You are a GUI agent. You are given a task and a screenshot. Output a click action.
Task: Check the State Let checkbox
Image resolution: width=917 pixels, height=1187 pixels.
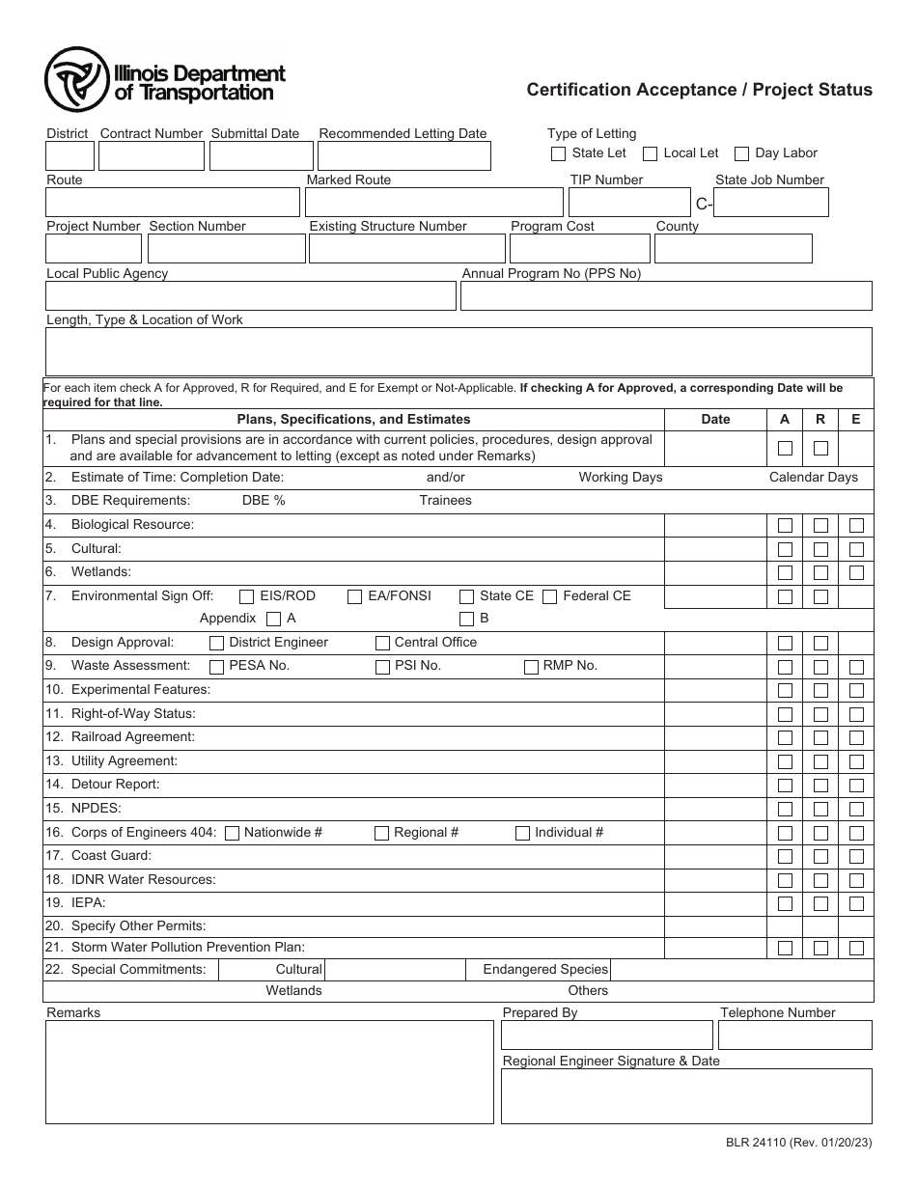558,153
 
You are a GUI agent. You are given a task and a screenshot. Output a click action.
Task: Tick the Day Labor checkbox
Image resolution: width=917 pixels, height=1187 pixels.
741,153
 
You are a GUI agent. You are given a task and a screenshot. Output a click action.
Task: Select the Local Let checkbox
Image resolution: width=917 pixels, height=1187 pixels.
651,153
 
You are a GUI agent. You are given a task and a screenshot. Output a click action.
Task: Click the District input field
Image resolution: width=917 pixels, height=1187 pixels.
69,156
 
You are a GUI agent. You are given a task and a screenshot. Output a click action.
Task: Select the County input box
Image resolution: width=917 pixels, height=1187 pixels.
733,249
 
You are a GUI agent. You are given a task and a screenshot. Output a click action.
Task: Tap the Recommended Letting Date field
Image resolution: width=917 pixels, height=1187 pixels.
403,156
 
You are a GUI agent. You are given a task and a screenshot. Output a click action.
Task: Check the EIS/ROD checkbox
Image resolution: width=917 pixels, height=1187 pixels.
247,596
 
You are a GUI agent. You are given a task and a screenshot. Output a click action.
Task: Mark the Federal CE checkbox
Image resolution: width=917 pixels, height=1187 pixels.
549,596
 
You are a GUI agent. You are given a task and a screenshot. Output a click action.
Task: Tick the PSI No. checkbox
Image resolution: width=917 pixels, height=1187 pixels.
382,667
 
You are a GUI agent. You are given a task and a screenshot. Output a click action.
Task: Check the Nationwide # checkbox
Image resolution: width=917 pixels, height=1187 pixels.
232,834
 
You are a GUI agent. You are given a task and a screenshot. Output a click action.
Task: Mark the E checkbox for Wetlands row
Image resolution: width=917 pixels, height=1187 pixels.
855,573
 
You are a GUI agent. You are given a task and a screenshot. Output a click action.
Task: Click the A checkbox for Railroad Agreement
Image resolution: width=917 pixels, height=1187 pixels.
785,738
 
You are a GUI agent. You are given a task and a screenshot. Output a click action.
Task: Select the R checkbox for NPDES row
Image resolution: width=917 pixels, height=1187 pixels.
820,810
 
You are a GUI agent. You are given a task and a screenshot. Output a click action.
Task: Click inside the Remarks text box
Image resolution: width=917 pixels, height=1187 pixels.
269,1072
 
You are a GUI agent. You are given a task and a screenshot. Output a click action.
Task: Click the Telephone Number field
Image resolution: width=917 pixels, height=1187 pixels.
794,1035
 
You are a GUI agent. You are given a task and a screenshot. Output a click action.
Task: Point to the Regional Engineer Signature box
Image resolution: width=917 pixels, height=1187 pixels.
685,1096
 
